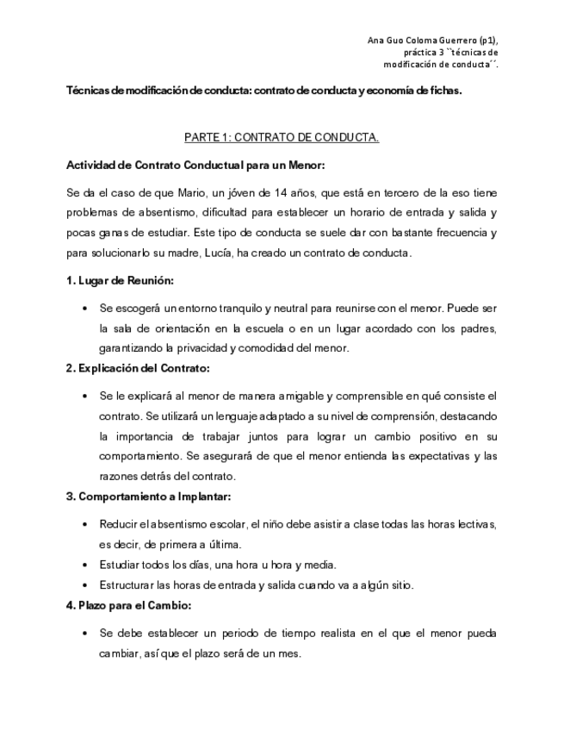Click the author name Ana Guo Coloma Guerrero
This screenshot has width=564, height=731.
(x=426, y=41)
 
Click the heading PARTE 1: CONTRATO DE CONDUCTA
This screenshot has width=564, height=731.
(x=282, y=137)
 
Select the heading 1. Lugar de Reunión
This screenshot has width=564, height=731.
(x=120, y=281)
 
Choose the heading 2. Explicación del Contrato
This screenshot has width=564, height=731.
(x=138, y=368)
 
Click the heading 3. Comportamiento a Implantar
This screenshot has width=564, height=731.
(x=149, y=497)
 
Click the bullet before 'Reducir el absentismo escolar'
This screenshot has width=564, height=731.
(x=83, y=523)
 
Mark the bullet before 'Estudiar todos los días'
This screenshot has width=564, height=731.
(x=83, y=565)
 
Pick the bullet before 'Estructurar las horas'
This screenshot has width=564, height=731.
(x=83, y=585)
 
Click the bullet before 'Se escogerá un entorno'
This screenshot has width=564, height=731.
(x=83, y=308)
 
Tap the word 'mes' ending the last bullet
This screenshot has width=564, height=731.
(x=291, y=653)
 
